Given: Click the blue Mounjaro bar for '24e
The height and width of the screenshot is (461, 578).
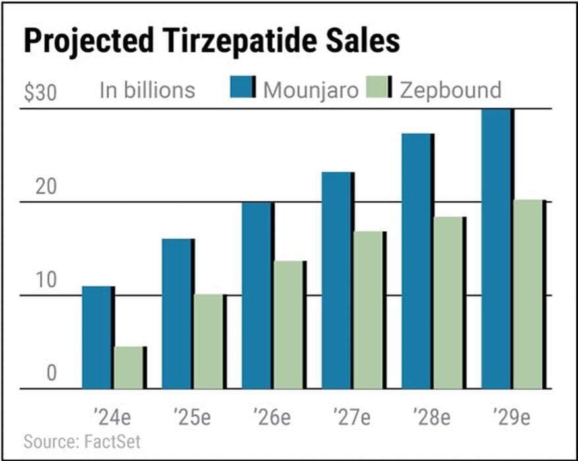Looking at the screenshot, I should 97,337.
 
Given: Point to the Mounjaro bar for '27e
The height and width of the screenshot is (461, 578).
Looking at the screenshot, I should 336,280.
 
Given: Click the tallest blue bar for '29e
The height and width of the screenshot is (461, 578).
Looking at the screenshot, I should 496,248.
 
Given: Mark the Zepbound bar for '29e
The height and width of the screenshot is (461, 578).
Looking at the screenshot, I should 528,294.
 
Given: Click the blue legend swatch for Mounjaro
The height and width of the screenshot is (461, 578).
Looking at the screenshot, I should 243,88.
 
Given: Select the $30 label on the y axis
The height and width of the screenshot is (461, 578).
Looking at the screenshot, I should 40,92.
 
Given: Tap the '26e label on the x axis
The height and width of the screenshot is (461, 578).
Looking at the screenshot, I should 271,418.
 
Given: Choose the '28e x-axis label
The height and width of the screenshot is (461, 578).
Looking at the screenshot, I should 431,418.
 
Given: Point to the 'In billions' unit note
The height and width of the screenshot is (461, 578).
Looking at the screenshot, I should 147,90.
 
